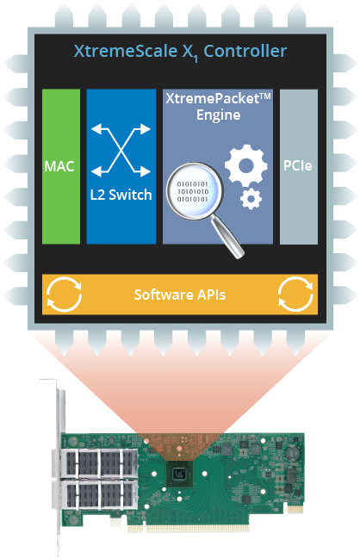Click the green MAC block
61,166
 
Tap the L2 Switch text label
121,195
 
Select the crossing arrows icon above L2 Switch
121,150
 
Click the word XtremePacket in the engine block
214,98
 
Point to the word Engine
218,115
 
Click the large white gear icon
246,166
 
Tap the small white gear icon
251,199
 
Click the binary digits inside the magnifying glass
193,192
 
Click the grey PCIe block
298,166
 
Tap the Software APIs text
180,294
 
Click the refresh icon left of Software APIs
64,294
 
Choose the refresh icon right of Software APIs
295,294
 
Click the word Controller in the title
245,52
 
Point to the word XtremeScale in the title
126,52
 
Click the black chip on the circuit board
179,474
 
